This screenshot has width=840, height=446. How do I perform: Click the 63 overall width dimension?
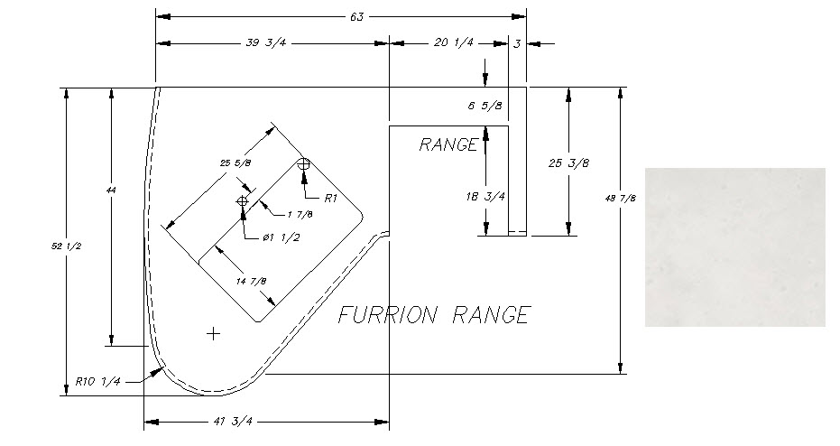tap(356, 16)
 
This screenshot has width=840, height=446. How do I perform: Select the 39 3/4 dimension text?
tap(272, 42)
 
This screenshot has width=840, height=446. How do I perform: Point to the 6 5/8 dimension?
tap(485, 107)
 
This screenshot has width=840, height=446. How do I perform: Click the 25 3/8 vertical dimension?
tap(568, 163)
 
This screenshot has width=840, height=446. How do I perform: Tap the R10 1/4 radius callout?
tap(98, 381)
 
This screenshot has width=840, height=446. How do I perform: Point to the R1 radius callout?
tap(329, 198)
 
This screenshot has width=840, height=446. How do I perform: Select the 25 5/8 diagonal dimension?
tap(235, 163)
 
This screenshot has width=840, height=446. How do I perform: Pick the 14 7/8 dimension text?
tap(251, 281)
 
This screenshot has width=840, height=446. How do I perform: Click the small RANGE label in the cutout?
tap(448, 144)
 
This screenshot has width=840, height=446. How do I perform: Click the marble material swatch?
tap(734, 246)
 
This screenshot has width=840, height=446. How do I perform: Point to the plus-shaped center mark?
tap(213, 334)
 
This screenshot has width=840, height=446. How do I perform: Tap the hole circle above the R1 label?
tap(304, 164)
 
